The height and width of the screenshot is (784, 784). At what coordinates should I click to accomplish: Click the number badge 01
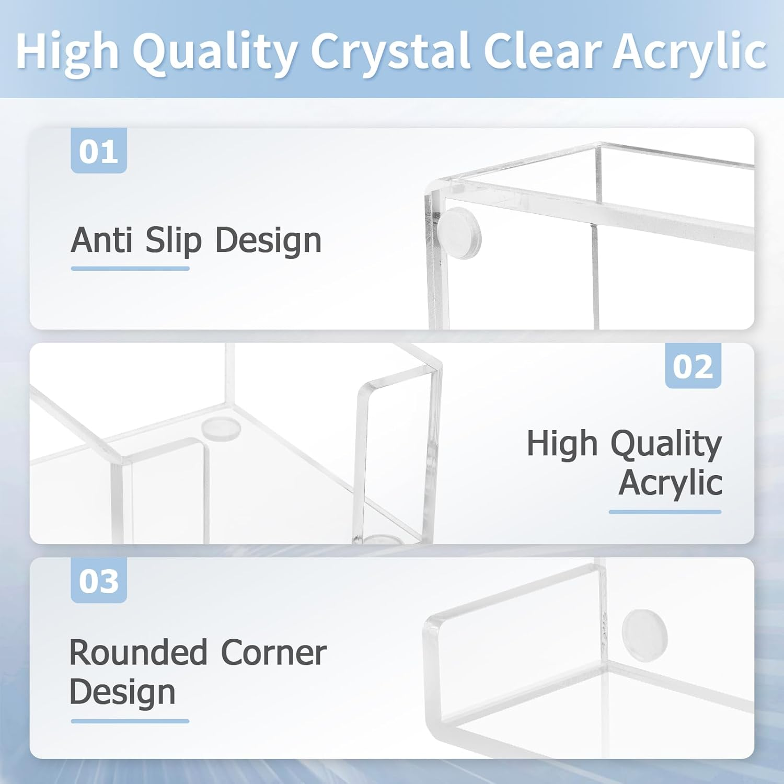99,152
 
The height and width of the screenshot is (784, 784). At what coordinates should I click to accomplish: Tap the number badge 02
693,366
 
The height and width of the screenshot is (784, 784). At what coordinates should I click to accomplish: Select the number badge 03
99,581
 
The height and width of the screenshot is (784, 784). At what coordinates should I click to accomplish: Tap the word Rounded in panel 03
139,653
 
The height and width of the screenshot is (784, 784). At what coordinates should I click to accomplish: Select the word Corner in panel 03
274,653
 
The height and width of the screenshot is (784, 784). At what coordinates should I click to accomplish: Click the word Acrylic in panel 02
670,482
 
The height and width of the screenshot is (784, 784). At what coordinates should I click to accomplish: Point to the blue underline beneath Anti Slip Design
130,269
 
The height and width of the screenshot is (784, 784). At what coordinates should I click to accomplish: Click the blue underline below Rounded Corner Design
130,721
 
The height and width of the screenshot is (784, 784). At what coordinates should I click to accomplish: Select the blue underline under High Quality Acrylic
665,512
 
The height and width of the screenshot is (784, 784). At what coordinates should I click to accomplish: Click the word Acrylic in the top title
690,51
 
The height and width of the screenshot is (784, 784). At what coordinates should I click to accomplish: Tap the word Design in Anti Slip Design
269,241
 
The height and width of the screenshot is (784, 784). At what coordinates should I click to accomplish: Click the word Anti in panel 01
101,241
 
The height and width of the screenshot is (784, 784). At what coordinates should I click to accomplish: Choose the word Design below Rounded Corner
122,692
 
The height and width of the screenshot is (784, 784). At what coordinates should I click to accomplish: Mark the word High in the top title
67,51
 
